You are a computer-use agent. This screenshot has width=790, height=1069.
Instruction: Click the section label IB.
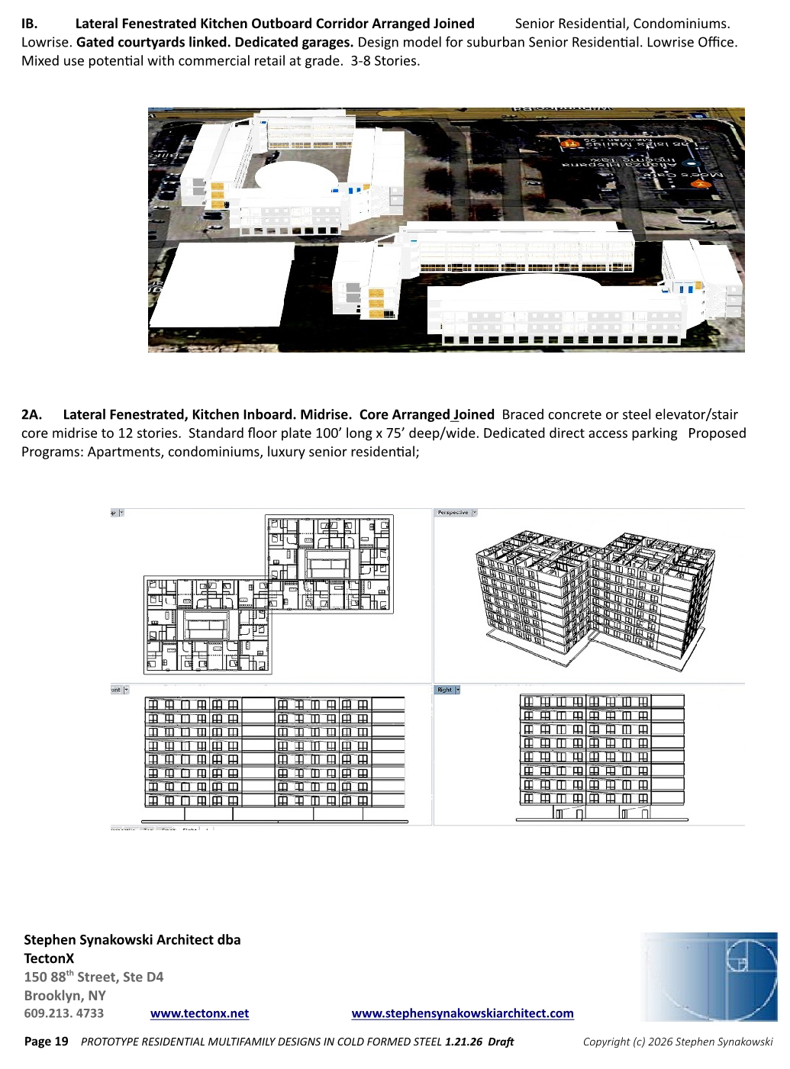click(29, 24)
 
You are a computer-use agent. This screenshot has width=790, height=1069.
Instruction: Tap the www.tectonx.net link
click(199, 1013)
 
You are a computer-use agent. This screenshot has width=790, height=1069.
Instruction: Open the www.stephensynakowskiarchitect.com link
click(462, 1013)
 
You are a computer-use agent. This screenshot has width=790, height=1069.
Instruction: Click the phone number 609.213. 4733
click(64, 1013)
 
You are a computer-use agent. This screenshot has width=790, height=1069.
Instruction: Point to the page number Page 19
click(47, 1042)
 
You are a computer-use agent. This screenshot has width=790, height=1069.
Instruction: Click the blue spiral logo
click(708, 977)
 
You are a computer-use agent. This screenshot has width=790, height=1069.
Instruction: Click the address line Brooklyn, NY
click(65, 995)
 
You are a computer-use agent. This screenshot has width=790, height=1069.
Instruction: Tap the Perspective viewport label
click(453, 513)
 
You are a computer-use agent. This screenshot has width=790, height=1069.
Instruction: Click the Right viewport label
click(445, 690)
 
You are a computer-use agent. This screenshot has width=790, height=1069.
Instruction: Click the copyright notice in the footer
click(678, 1042)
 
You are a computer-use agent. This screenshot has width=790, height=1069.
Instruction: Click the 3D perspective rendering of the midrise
click(592, 595)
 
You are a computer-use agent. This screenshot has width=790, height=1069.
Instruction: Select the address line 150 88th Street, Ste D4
click(94, 977)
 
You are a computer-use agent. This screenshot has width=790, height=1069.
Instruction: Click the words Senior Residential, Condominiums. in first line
click(622, 24)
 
